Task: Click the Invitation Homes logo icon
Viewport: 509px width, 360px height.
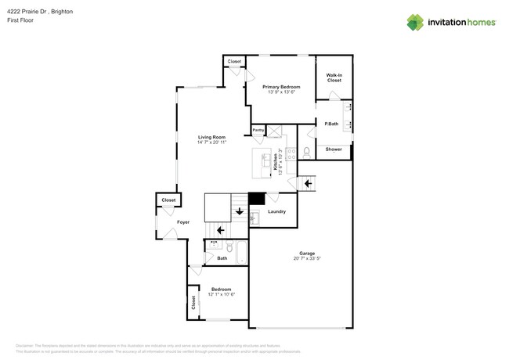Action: tap(415, 22)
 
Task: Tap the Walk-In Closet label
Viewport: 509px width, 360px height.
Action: tap(334, 77)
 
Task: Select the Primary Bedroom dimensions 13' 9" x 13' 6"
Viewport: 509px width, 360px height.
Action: tap(282, 92)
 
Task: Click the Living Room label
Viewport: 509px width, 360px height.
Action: tap(211, 137)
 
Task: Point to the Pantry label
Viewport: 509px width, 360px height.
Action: tap(258, 130)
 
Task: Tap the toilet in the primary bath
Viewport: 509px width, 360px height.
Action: tap(307, 149)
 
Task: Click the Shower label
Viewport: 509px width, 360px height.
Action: tap(334, 149)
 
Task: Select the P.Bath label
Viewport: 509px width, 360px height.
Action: tap(331, 124)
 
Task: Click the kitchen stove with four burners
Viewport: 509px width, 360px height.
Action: tap(291, 154)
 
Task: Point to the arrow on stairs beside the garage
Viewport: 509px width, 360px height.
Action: tap(308, 183)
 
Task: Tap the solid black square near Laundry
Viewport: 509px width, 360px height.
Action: tap(256, 199)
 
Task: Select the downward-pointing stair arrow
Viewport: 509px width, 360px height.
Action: tap(239, 210)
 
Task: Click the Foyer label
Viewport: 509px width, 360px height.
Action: tap(182, 222)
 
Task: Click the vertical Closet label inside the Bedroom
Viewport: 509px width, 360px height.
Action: tap(193, 303)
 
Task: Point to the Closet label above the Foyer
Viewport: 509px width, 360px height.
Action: tap(168, 200)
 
